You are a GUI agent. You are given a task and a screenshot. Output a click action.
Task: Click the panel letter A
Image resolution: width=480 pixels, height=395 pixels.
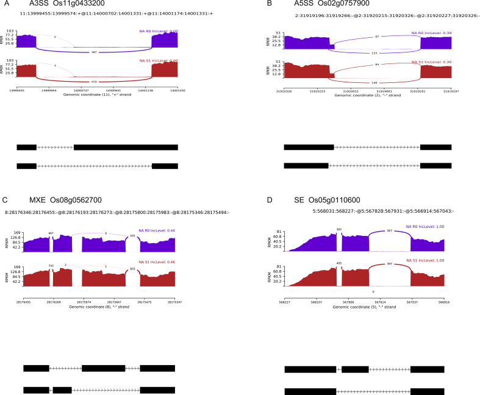pyautogui.click(x=5, y=4)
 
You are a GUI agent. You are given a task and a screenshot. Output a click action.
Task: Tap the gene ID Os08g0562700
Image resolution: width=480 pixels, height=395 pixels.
pyautogui.click(x=73, y=199)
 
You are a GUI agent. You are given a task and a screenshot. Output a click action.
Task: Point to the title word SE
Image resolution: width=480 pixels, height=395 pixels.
pyautogui.click(x=297, y=199)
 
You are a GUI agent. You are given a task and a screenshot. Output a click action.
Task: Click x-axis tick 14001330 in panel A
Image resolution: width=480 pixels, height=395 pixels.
pyautogui.click(x=170, y=90)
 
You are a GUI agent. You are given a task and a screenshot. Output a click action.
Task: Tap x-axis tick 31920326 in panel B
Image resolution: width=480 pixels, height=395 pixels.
pyautogui.click(x=284, y=91)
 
